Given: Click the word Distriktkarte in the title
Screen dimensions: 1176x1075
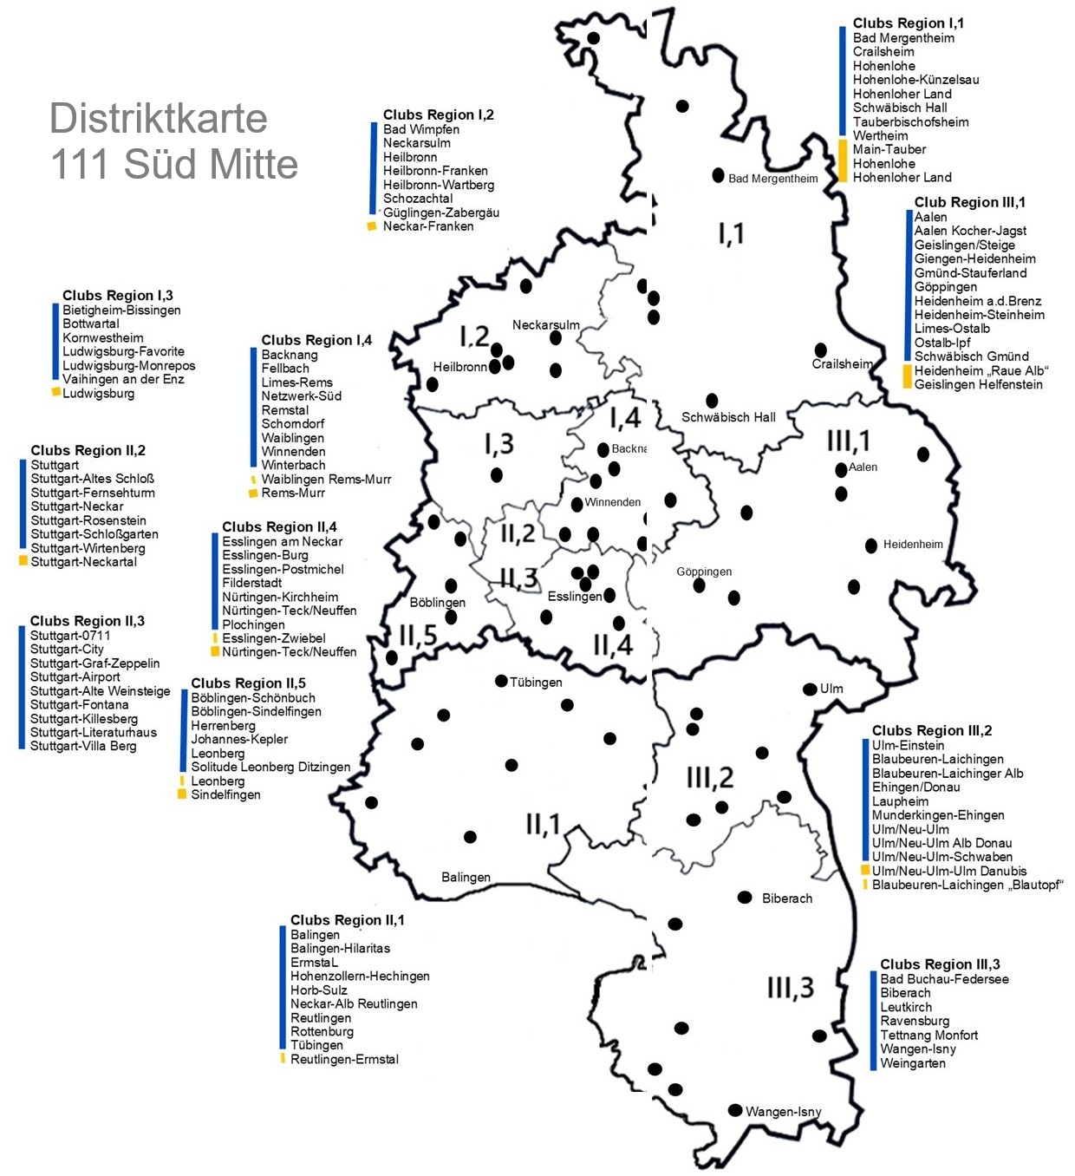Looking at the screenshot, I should click(158, 118).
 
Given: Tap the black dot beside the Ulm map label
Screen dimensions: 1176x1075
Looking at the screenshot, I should click(810, 689).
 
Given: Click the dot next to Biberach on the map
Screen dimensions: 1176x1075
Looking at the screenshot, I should click(744, 897).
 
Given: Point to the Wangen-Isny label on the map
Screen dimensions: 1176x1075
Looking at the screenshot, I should click(783, 1112).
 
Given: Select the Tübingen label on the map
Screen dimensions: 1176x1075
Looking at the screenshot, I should click(536, 683).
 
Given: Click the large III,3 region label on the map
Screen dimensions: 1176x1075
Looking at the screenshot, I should click(790, 987).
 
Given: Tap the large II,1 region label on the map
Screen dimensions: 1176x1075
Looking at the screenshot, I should click(543, 824).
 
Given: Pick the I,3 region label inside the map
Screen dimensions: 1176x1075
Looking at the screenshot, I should click(498, 444).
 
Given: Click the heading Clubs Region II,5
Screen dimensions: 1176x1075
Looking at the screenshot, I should click(248, 683).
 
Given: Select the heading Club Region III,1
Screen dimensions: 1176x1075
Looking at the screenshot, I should click(969, 202).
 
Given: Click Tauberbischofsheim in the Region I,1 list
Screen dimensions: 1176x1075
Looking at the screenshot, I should click(910, 121).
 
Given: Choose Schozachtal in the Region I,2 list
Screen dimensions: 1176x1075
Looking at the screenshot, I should click(418, 199).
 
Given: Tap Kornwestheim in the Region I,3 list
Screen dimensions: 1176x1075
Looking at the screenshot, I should click(103, 337).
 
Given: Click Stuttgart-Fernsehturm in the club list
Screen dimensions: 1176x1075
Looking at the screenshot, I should click(93, 493).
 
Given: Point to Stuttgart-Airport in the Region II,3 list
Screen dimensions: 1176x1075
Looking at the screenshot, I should click(75, 676).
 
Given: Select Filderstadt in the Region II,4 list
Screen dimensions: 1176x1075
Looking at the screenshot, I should click(251, 583).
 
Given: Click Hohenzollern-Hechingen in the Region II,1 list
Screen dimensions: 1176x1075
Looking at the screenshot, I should click(360, 976).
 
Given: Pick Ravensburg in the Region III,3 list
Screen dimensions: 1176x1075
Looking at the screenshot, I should click(915, 1021).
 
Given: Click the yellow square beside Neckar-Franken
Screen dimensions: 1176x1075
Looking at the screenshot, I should click(372, 226).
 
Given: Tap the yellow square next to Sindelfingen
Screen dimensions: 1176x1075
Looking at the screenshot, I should click(182, 794).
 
